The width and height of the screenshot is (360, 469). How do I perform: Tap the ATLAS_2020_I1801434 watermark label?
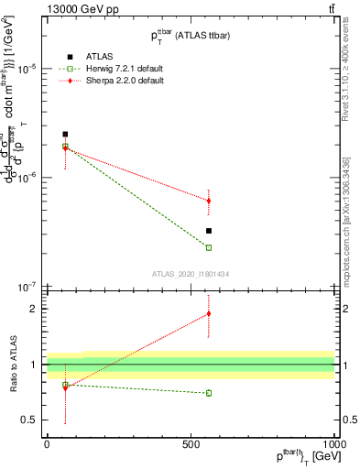[190, 273]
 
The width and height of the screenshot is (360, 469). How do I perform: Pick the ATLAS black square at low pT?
[65, 134]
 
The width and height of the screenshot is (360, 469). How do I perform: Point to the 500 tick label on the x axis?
[191, 442]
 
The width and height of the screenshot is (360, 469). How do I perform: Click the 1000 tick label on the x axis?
[333, 442]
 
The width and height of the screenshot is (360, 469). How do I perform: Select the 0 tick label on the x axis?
[47, 442]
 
